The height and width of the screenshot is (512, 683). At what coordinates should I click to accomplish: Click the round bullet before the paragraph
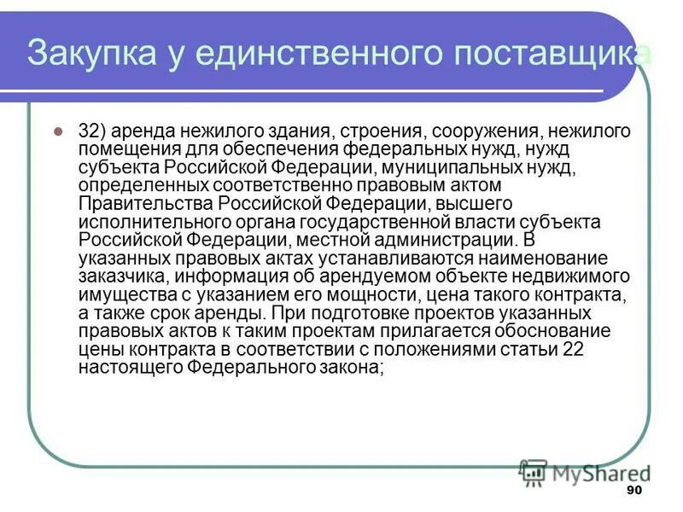click(x=59, y=132)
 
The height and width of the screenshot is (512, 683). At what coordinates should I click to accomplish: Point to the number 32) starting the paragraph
click(x=92, y=131)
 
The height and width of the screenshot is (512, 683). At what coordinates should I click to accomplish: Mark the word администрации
click(x=445, y=240)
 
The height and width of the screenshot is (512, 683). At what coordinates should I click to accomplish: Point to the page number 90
click(x=633, y=490)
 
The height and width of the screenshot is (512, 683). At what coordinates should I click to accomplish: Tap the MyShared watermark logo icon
click(x=534, y=471)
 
